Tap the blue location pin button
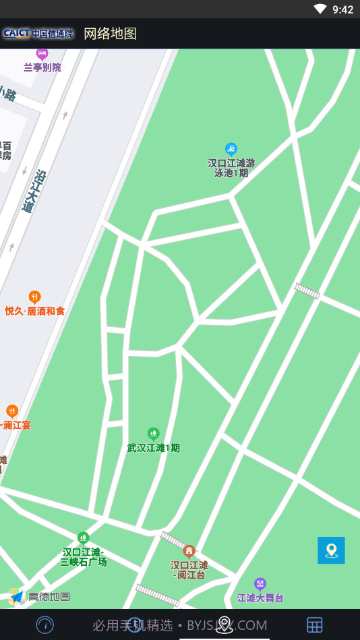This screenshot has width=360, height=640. (x=331, y=550)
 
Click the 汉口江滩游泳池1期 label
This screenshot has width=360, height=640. (x=231, y=167)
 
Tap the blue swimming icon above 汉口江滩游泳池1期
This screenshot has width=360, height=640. (x=231, y=149)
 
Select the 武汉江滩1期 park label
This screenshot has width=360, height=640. (x=154, y=447)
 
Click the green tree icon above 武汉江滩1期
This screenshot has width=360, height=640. (x=154, y=433)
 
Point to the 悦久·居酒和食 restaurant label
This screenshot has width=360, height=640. (x=35, y=311)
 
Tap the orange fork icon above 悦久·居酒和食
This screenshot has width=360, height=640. (x=34, y=297)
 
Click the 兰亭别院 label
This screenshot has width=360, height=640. (x=42, y=67)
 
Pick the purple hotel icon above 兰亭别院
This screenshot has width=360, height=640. (x=42, y=54)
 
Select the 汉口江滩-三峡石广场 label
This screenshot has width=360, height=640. (x=84, y=556)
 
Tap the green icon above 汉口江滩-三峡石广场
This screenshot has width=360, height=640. (x=84, y=538)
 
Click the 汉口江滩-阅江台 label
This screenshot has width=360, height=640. (x=189, y=570)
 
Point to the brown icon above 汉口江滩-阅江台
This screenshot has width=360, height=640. (x=189, y=551)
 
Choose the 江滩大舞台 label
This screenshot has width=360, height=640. (x=260, y=598)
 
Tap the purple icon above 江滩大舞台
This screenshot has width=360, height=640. (x=260, y=583)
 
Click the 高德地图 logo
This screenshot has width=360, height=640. (x=40, y=596)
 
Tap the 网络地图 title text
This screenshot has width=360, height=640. (x=110, y=34)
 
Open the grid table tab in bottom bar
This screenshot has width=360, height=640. (x=315, y=624)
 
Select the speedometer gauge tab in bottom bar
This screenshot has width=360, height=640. (x=45, y=624)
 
